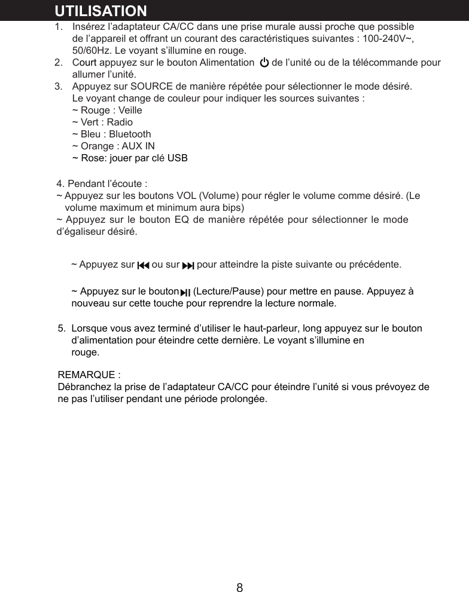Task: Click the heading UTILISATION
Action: tap(100, 11)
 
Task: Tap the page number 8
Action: tap(239, 587)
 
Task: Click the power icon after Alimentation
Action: tap(263, 63)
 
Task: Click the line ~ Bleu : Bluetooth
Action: tap(111, 134)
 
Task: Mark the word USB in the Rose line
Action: tap(177, 158)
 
